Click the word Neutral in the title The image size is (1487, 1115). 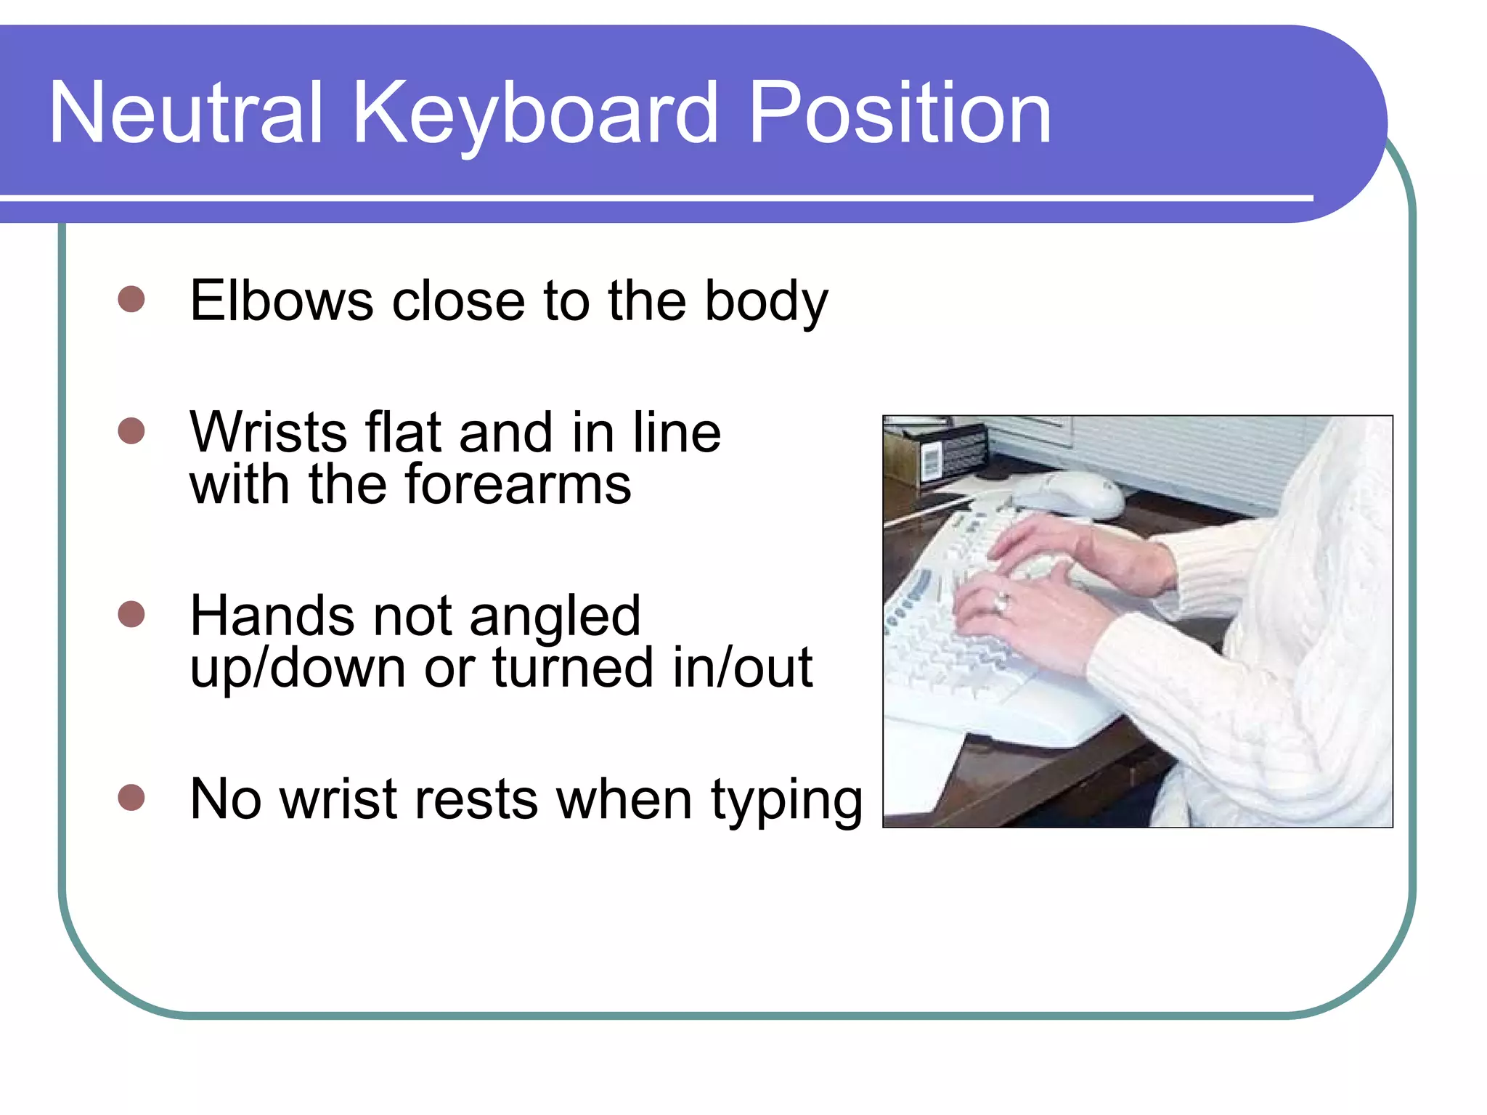(186, 114)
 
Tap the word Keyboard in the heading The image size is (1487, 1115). (535, 114)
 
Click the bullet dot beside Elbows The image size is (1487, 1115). (131, 298)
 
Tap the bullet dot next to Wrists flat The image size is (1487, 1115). (131, 430)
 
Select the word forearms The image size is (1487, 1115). (518, 484)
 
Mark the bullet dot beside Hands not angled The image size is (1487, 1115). (131, 614)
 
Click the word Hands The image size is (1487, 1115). (272, 616)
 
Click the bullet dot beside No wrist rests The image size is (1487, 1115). (131, 797)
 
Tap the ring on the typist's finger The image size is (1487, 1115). (1002, 602)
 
